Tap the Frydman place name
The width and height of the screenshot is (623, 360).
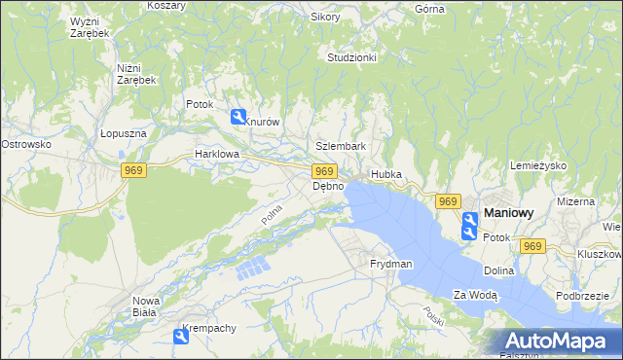pos(390,264)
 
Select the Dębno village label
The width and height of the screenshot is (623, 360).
pos(327,186)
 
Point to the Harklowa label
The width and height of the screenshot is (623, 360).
pos(215,154)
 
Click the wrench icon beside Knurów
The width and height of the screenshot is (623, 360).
pos(238,118)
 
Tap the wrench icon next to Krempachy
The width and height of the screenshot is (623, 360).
pos(181,337)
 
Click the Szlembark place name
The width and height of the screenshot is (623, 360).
pos(340,147)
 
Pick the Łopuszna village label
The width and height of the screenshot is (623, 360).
pos(123,134)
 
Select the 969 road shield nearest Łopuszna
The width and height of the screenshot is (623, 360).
pos(134,170)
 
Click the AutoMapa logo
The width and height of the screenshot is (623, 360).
pos(554,341)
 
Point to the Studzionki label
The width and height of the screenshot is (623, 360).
pos(351,57)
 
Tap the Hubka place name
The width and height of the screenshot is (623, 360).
pos(385,175)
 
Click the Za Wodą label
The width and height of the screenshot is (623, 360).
pos(475,295)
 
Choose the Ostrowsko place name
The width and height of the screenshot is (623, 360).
pos(25,144)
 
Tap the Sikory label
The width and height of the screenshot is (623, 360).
pos(324,17)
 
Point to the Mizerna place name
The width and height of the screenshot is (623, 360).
pos(575,201)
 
